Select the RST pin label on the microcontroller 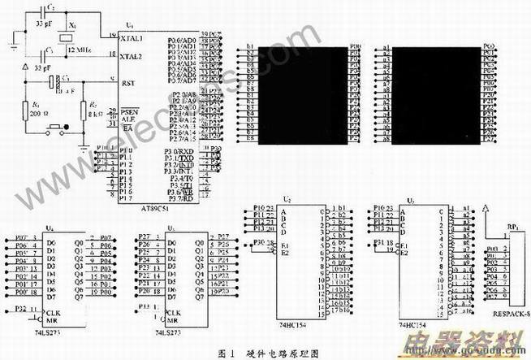click(x=127, y=83)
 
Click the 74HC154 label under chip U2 click(x=291, y=321)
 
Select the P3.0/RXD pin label click(x=179, y=150)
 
